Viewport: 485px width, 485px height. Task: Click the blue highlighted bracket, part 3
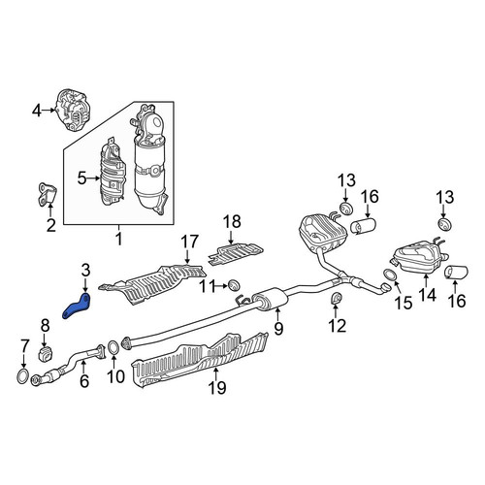(x=77, y=307)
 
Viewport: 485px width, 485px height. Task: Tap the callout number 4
(x=37, y=111)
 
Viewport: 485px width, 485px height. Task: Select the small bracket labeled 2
(x=47, y=193)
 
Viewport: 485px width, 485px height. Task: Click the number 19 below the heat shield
(x=217, y=387)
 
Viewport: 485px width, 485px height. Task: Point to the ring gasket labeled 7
(x=22, y=377)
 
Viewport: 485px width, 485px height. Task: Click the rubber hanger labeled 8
(x=47, y=354)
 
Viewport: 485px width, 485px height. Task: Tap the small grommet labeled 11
(x=234, y=285)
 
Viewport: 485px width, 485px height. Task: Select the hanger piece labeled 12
(x=337, y=298)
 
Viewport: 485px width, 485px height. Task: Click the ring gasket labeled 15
(x=390, y=275)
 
